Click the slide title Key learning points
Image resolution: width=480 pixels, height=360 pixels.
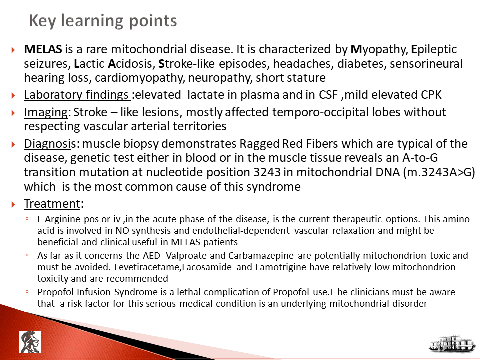pos(103,21)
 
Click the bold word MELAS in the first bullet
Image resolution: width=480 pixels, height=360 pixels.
pos(43,49)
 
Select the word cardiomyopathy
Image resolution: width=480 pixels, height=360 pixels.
pos(140,78)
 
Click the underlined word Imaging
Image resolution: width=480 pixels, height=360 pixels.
pos(46,113)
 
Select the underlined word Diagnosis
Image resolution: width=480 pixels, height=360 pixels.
pos(50,144)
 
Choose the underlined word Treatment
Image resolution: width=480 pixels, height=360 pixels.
pos(52,204)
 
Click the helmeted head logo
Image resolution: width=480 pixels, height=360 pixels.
pos(30,342)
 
